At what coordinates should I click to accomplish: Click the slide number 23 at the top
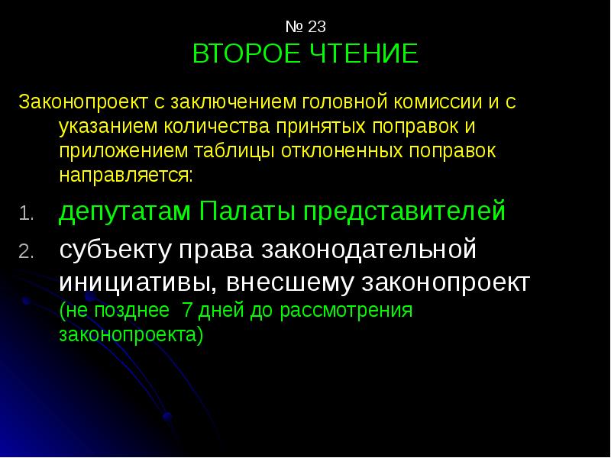tap(317, 27)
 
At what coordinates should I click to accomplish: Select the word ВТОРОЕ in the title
tap(241, 54)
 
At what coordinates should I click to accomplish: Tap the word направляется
tap(126, 175)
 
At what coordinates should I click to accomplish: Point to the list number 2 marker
tap(24, 253)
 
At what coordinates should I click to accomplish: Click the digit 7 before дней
tap(185, 311)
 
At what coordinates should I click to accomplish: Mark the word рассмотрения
tap(347, 311)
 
